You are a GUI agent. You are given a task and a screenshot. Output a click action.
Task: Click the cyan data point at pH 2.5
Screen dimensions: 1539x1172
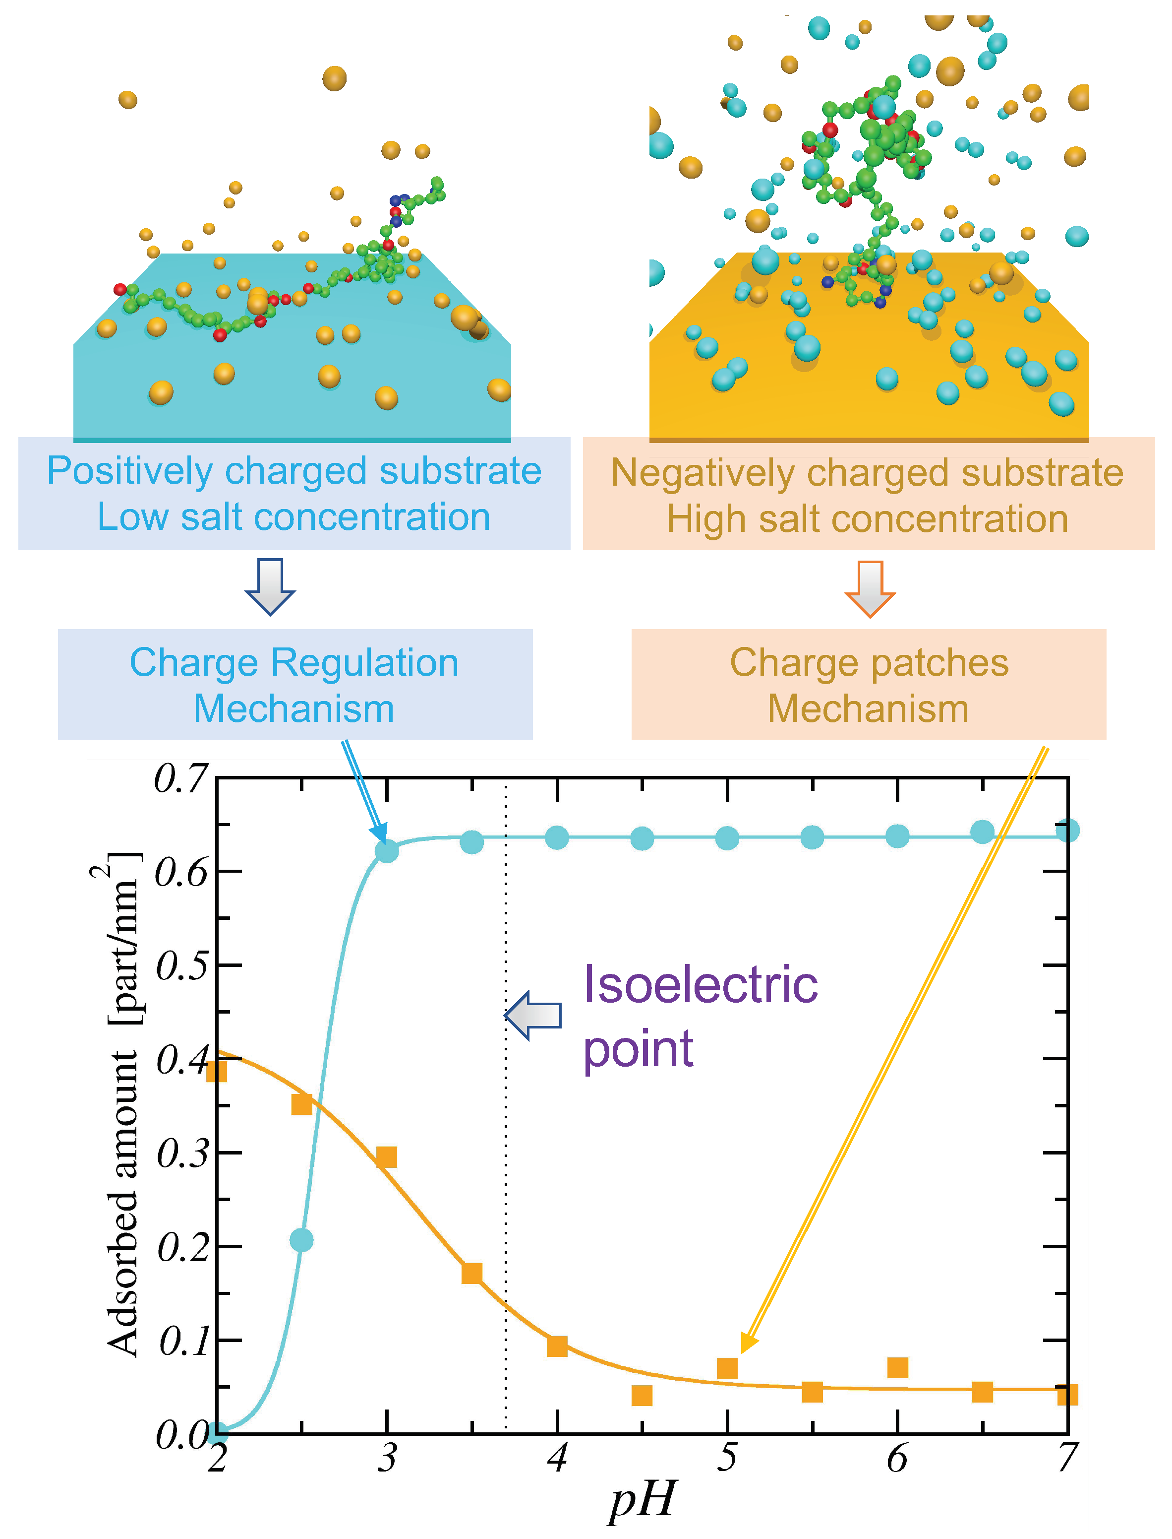tap(301, 1240)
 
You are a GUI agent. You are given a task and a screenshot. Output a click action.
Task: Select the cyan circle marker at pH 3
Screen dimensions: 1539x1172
tap(387, 851)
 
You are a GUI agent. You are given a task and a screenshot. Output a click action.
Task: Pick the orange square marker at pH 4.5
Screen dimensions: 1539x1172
tap(642, 1395)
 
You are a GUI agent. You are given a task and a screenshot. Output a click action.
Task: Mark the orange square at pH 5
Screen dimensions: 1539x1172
tap(727, 1368)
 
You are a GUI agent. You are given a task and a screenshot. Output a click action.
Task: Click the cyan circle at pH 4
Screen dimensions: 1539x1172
tap(557, 837)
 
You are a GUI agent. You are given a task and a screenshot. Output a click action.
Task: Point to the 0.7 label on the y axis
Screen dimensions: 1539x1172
tap(180, 779)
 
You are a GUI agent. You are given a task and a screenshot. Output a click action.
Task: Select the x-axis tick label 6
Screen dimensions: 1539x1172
tap(897, 1459)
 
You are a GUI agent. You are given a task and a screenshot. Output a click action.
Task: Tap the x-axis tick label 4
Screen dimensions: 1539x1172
tap(557, 1459)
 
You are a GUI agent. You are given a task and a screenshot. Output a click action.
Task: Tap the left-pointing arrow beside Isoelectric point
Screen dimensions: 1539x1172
tap(533, 1016)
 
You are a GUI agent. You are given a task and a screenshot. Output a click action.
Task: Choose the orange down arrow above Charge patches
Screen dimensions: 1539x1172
tap(870, 588)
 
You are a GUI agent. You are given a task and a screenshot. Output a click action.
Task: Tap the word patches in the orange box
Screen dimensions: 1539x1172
tap(938, 662)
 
